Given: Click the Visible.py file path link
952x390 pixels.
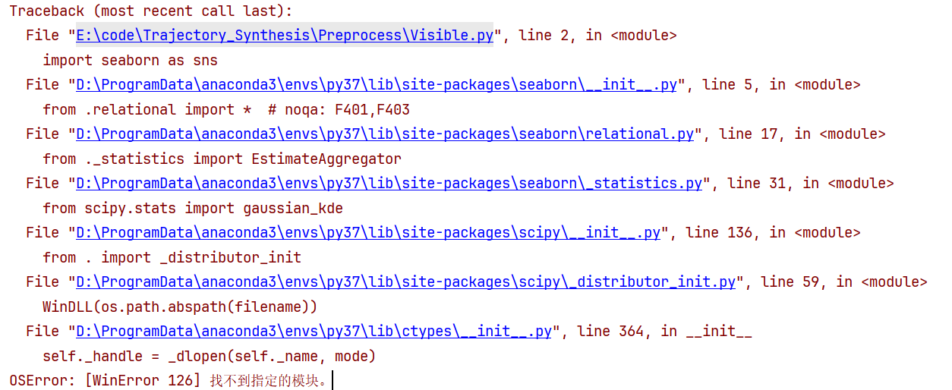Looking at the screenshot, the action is point(284,36).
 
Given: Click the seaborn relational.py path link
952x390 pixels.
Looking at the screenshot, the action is point(384,134).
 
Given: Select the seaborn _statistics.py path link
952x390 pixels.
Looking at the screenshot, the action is point(389,184).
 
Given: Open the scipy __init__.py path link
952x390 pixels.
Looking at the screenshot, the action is point(367,233).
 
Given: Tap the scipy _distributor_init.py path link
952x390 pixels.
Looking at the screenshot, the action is point(405,282).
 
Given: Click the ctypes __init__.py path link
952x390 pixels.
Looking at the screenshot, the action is point(314,332).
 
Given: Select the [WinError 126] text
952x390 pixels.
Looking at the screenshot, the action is point(143,380).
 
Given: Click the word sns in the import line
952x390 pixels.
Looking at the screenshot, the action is point(205,61).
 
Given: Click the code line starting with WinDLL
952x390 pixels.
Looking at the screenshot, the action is point(179,307).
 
